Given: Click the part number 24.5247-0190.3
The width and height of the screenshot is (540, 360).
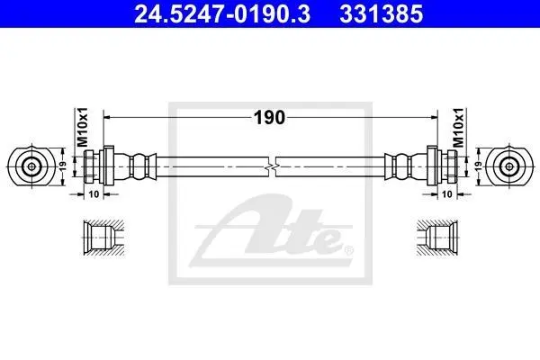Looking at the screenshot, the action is [x=222, y=14].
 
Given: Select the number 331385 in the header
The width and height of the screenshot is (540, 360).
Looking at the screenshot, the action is [x=382, y=14].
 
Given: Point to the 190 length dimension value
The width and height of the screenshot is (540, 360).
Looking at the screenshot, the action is [x=269, y=118].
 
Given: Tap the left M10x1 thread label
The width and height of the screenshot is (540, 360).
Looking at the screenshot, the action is [x=82, y=127].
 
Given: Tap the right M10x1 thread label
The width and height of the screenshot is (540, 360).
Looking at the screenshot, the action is [x=458, y=127].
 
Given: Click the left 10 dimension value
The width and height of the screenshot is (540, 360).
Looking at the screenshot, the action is [x=94, y=194].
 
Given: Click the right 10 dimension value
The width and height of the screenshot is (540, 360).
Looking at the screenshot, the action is [x=446, y=194].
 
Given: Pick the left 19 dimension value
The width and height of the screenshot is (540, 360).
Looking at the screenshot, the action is [x=63, y=166].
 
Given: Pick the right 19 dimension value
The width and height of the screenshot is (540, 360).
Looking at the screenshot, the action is [x=479, y=166].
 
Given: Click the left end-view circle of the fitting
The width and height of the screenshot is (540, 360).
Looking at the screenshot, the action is [x=31, y=166].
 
